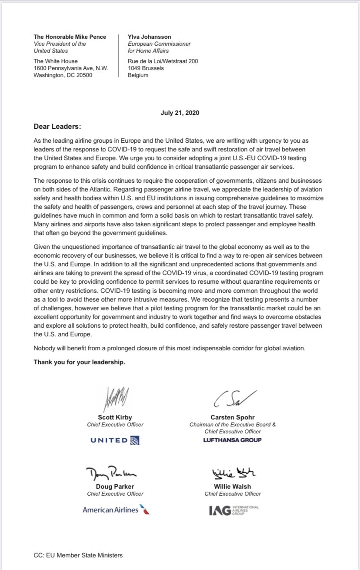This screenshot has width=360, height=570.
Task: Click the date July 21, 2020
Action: tap(180, 113)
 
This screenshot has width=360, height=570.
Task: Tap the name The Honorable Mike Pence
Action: tap(70, 37)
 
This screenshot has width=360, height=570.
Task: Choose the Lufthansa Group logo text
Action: tap(233, 440)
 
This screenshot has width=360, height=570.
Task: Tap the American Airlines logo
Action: tap(116, 509)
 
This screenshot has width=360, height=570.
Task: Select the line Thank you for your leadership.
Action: tap(80, 362)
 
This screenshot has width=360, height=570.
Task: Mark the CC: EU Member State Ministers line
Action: tap(78, 555)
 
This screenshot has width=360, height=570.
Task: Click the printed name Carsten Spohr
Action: tap(233, 417)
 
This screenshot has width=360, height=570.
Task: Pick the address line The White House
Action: tap(56, 61)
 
